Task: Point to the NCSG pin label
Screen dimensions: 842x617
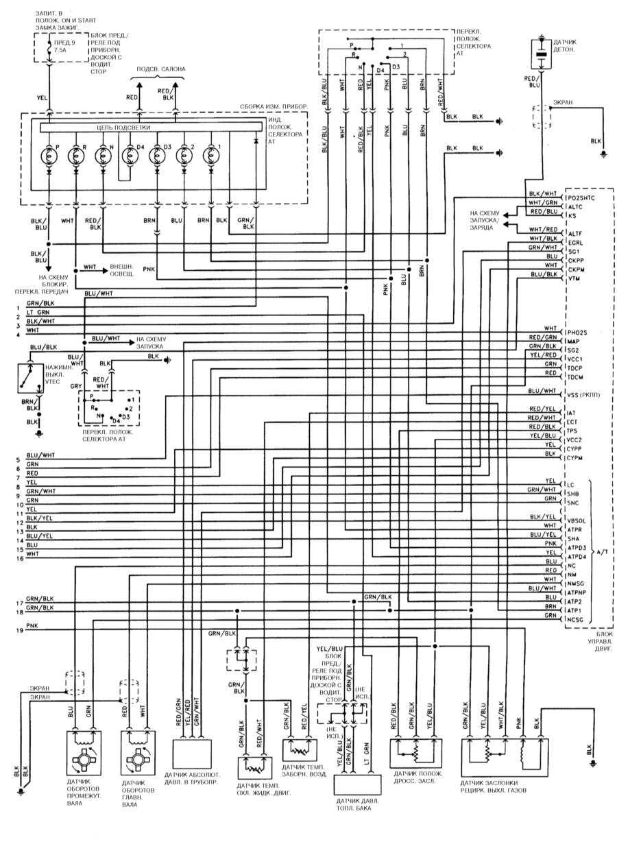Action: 577,619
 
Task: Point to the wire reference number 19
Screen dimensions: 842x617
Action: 19,630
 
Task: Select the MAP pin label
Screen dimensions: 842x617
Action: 574,341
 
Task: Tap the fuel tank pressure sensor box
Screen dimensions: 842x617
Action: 356,784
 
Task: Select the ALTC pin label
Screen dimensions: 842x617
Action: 576,206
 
